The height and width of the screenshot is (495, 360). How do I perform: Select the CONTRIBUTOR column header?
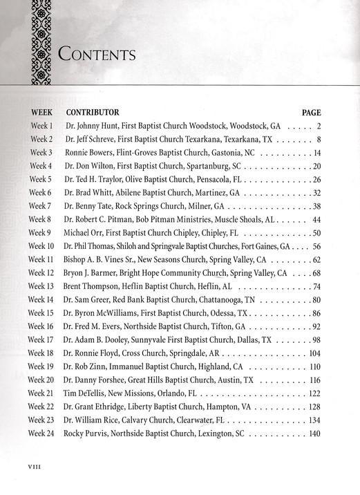point(93,112)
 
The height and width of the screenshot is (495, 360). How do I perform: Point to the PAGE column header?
point(312,112)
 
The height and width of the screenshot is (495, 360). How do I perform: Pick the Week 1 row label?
point(41,126)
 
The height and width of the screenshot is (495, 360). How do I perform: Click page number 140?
point(315,433)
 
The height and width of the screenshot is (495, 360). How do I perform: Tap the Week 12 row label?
point(41,273)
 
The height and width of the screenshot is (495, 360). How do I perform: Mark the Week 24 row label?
point(41,433)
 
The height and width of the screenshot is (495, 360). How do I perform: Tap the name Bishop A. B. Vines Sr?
point(101,259)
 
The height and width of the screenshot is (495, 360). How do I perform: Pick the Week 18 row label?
point(41,353)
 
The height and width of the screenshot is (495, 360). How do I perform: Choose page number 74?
point(316,286)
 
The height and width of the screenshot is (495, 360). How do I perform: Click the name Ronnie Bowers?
point(90,152)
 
